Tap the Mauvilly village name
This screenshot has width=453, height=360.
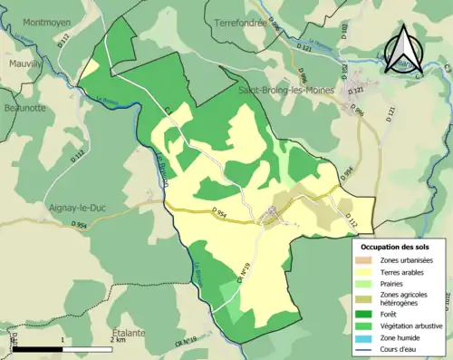(x=27, y=64)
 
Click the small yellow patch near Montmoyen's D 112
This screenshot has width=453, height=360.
(x=90, y=69)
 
